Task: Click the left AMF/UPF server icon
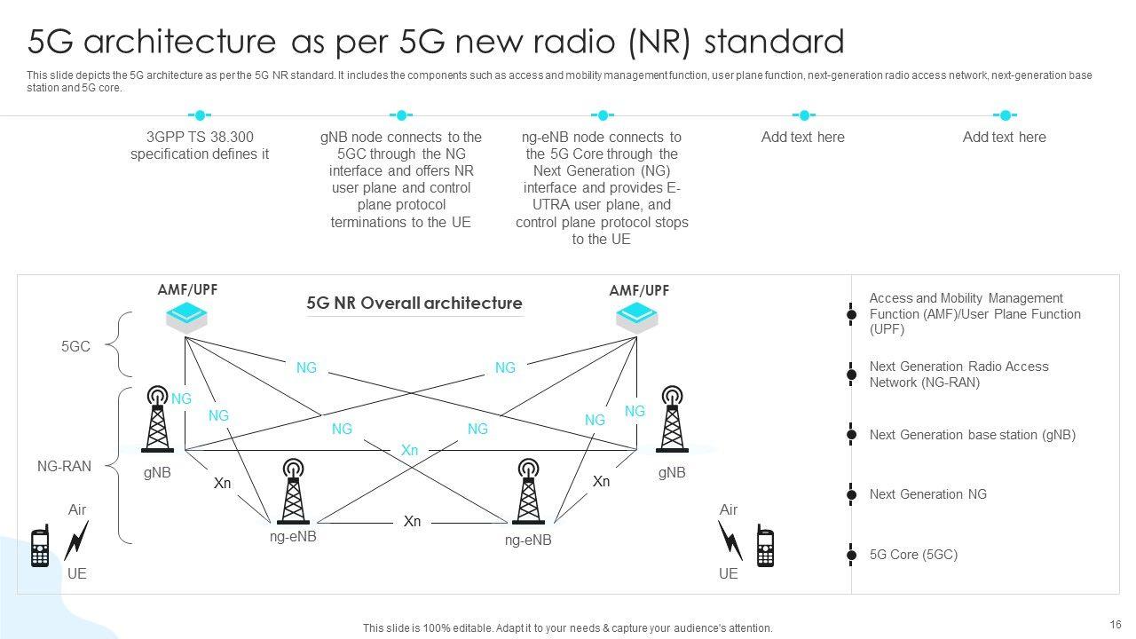click(x=186, y=318)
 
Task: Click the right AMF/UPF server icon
click(x=637, y=318)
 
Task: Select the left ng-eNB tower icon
click(x=293, y=492)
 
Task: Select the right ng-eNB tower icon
click(x=528, y=492)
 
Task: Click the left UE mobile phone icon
click(x=40, y=546)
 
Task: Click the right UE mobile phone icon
click(x=765, y=546)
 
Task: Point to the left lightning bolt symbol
click(x=77, y=540)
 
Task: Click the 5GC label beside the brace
click(x=75, y=347)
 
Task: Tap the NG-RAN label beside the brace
click(x=64, y=466)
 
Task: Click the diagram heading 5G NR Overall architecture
click(x=414, y=304)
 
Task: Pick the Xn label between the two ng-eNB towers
click(x=412, y=522)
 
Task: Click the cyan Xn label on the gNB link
click(x=409, y=451)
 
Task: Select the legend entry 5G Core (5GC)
click(x=913, y=555)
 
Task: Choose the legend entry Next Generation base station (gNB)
click(x=972, y=435)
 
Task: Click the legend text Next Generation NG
click(x=927, y=494)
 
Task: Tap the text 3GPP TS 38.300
click(x=200, y=138)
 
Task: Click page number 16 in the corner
click(x=1116, y=624)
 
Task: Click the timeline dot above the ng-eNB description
click(x=603, y=115)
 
